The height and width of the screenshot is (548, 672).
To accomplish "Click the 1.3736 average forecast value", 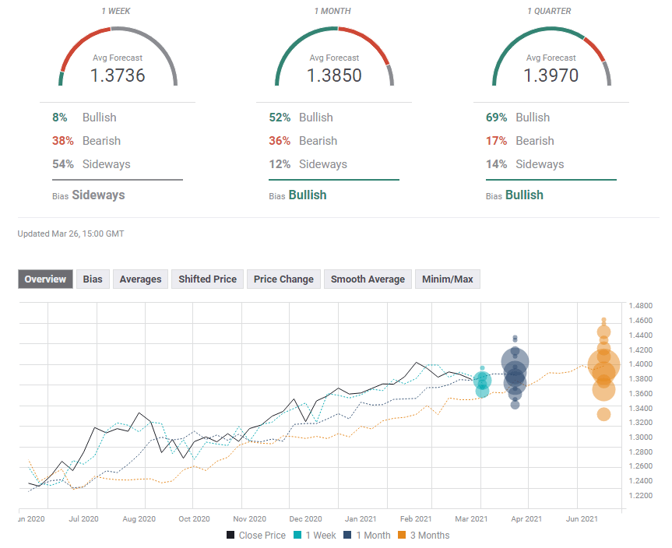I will (x=118, y=76).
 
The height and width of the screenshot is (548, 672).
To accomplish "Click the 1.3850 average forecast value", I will (x=334, y=76).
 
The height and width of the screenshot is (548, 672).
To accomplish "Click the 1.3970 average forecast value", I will (x=551, y=76).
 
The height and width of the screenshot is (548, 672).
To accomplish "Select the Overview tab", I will (x=45, y=279).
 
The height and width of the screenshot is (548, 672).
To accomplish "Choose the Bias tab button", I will (x=93, y=279).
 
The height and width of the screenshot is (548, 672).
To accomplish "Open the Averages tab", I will (x=140, y=279).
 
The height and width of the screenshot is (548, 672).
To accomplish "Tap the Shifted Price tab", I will (x=207, y=279).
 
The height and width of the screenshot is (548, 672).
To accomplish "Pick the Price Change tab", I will (x=283, y=279).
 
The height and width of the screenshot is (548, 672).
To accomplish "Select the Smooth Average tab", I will (x=368, y=279).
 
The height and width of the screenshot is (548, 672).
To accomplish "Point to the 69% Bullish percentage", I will (x=496, y=118).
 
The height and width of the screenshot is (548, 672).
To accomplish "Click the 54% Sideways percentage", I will (x=63, y=164).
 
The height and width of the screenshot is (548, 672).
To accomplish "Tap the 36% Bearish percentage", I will (x=280, y=141).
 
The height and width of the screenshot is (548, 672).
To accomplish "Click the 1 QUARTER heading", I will (x=551, y=12).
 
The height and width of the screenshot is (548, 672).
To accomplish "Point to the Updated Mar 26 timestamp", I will (x=71, y=234).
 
